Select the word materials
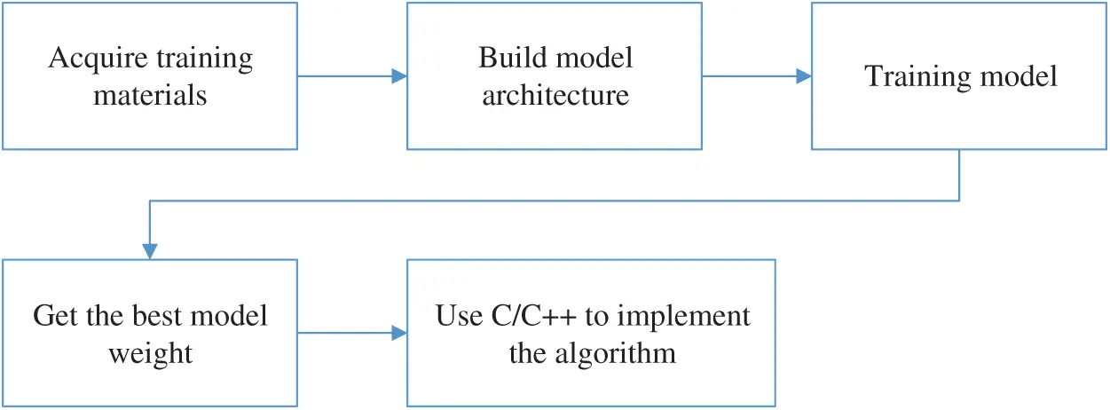[150, 95]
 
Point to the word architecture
[555, 95]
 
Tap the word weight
[150, 353]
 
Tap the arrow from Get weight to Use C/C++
[351, 335]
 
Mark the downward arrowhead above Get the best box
[150, 251]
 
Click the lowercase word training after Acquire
[206, 59]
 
